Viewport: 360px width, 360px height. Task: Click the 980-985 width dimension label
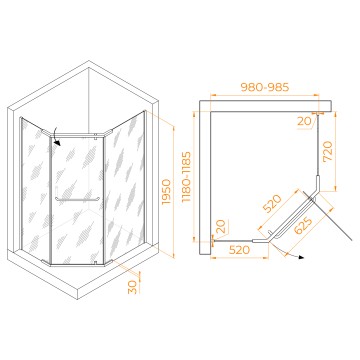[x=264, y=87]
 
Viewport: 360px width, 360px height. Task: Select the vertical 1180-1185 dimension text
[x=187, y=177]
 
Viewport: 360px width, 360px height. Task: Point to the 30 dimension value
[x=133, y=287]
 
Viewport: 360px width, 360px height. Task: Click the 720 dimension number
[x=328, y=151]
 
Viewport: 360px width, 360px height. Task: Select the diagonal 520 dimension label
[x=272, y=204]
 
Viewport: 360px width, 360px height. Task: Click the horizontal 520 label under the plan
[x=240, y=250]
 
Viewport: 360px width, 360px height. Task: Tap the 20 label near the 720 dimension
[x=304, y=122]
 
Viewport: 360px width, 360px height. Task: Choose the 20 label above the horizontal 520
[x=220, y=226]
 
